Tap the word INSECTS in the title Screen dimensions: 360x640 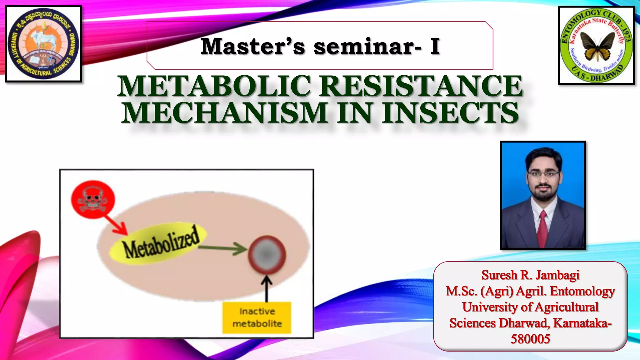pyautogui.click(x=450, y=113)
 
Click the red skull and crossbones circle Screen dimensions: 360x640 pyautogui.click(x=93, y=199)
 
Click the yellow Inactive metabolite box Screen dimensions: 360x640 pyautogui.click(x=257, y=317)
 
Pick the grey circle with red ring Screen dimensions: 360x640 pyautogui.click(x=267, y=254)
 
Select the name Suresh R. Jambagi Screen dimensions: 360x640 pyautogui.click(x=530, y=275)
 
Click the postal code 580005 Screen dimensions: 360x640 pyautogui.click(x=530, y=339)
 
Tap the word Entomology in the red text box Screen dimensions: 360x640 pyautogui.click(x=582, y=291)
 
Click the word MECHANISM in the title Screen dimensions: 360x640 pyautogui.click(x=225, y=113)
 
